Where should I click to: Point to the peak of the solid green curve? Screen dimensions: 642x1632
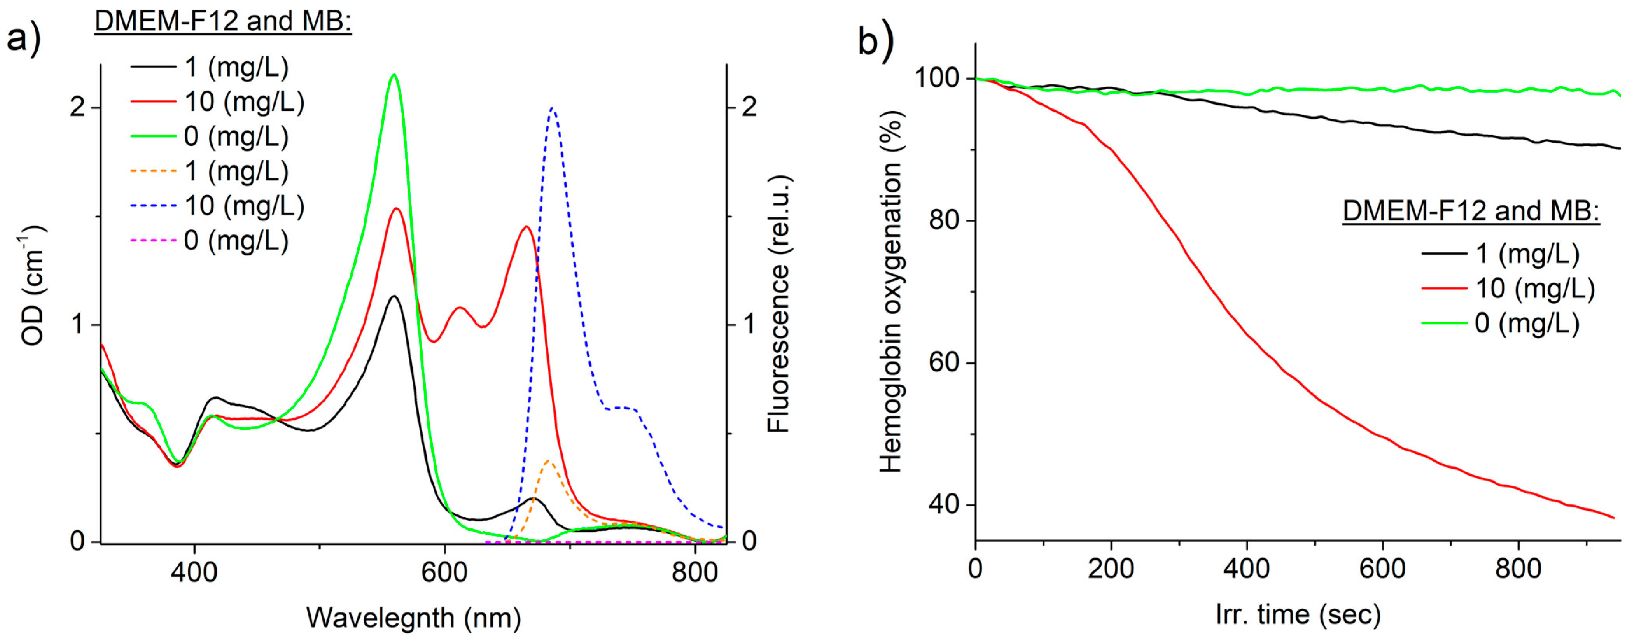click(x=394, y=75)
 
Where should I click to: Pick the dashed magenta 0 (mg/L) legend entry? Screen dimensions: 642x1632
click(x=209, y=240)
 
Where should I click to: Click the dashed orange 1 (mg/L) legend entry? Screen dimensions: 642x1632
click(x=209, y=171)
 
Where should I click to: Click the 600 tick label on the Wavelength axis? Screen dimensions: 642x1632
click(x=445, y=572)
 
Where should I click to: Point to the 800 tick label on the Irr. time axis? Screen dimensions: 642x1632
click(x=1518, y=569)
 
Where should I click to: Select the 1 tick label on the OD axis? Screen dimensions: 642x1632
click(x=77, y=324)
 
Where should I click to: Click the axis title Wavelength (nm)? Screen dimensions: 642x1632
click(x=413, y=617)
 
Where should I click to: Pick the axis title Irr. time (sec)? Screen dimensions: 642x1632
click(x=1298, y=614)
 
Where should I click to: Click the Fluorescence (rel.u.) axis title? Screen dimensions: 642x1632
click(x=778, y=304)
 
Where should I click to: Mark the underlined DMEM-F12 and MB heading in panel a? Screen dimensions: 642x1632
click(x=223, y=21)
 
